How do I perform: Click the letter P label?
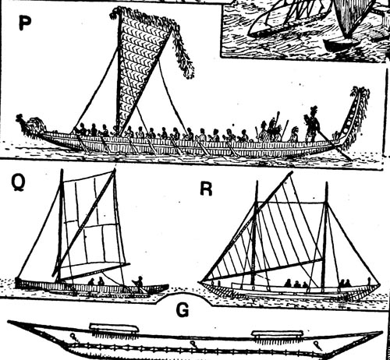25,22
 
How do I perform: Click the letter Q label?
18,183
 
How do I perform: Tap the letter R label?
206,189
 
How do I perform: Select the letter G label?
183,310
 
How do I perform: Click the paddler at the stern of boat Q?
139,284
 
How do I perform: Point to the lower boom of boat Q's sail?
92,271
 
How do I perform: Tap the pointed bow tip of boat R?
200,282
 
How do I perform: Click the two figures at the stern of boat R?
345,283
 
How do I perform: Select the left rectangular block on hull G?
114,328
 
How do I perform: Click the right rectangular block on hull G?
278,334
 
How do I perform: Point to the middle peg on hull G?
193,344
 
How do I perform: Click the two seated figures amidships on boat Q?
96,281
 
